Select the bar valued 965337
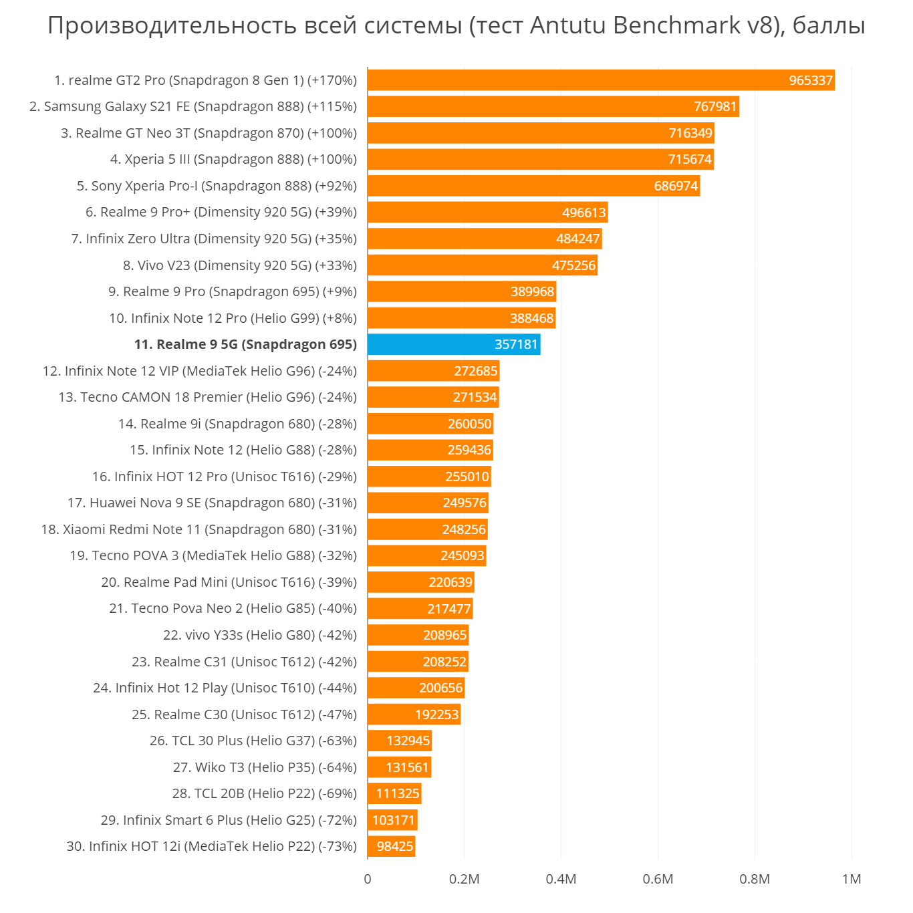click(600, 80)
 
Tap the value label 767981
click(715, 107)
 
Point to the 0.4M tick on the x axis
click(561, 879)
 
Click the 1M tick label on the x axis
click(852, 879)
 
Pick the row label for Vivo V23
click(240, 265)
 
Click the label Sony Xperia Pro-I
click(217, 186)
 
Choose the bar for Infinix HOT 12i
click(391, 846)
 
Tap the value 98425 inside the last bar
click(395, 846)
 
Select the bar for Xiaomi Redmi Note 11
click(427, 529)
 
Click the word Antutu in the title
click(568, 25)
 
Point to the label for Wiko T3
click(265, 767)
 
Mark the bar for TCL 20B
click(394, 793)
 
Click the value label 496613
click(583, 213)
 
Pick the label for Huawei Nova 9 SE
click(212, 503)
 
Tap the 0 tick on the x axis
click(368, 879)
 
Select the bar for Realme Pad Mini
click(420, 582)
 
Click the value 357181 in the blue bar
click(516, 344)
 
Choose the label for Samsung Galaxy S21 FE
click(193, 107)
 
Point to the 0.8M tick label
click(755, 879)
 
